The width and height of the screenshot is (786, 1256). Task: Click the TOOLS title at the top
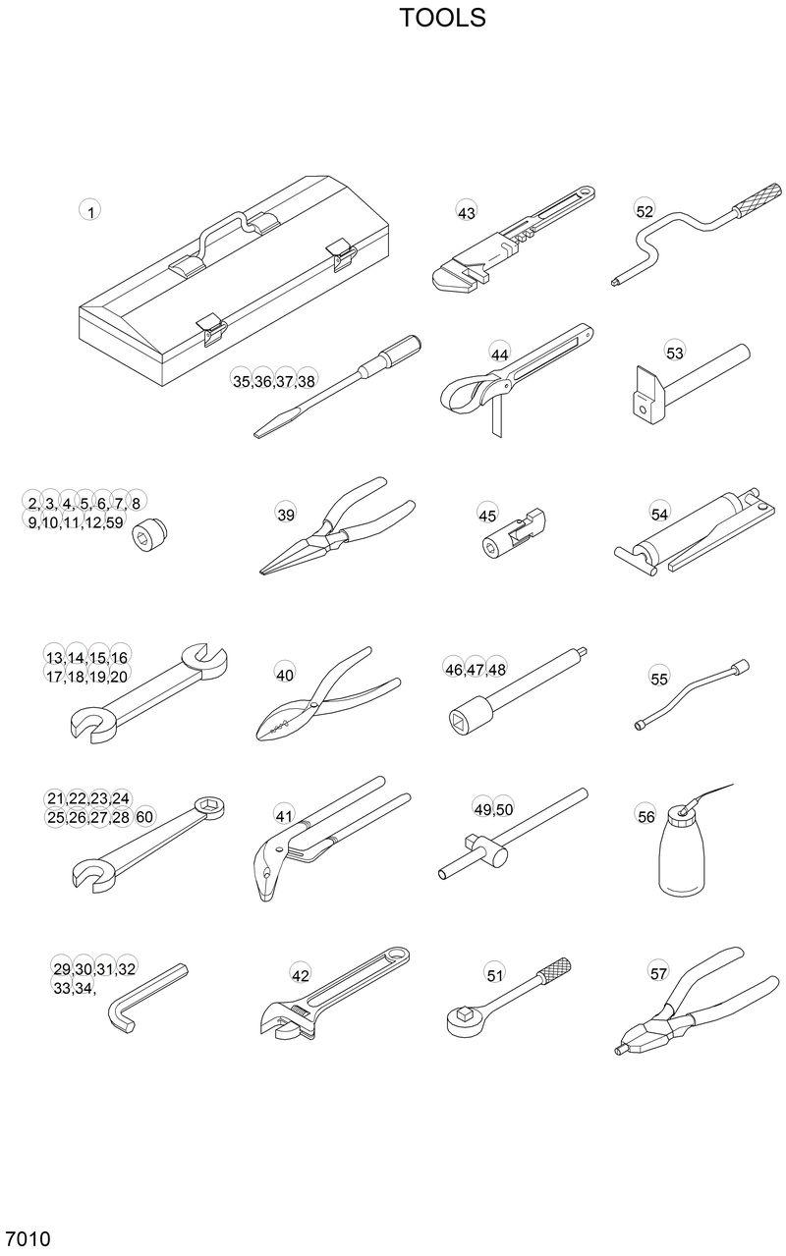(442, 18)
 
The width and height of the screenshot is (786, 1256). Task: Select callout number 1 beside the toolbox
(90, 211)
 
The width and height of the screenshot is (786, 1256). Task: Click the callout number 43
(467, 212)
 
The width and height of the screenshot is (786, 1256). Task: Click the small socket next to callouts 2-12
(151, 529)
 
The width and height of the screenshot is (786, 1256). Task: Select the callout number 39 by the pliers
(286, 514)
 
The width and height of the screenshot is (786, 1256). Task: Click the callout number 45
(487, 515)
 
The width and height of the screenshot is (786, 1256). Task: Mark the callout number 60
(144, 817)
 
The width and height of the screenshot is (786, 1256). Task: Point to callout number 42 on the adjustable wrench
(301, 975)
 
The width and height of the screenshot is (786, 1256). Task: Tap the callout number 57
(659, 973)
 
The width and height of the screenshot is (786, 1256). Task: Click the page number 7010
(28, 1237)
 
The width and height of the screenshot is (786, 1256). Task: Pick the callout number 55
(659, 679)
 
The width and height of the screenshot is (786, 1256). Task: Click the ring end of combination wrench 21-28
(211, 807)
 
